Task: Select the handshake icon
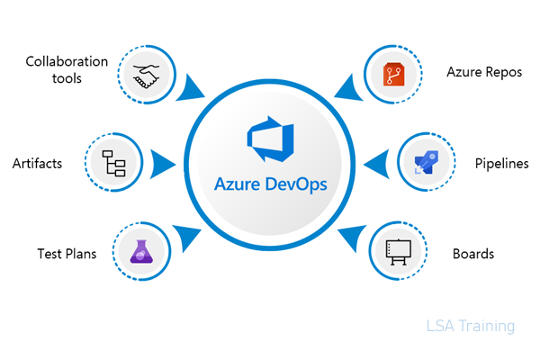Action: pyautogui.click(x=147, y=74)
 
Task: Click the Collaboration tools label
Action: pyautogui.click(x=66, y=70)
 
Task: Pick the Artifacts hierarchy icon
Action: pyautogui.click(x=116, y=164)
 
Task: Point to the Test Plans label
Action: pyautogui.click(x=66, y=253)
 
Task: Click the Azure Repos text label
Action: pyautogui.click(x=483, y=72)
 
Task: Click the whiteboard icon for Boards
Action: pyautogui.click(x=398, y=252)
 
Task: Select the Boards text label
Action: pyautogui.click(x=472, y=253)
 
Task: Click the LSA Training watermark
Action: pyautogui.click(x=471, y=326)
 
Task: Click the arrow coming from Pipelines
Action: pyautogui.click(x=376, y=165)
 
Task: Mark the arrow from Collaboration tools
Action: pyautogui.click(x=193, y=88)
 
